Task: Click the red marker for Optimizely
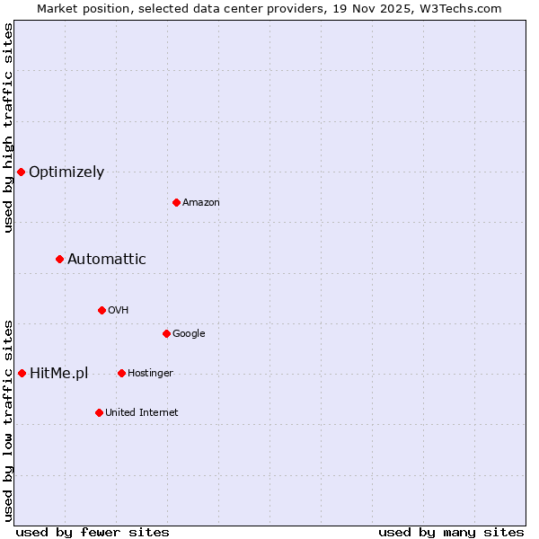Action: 21,172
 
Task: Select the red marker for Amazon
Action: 176,202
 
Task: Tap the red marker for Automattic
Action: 59,259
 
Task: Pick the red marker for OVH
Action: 102,310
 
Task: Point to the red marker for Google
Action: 166,333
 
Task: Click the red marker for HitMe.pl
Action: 22,373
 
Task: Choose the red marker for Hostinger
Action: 121,373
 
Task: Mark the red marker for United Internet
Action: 99,412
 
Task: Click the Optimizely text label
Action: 66,172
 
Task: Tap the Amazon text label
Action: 201,203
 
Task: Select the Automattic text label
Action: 107,260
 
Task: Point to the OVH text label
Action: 119,311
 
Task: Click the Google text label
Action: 189,334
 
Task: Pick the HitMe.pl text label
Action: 58,374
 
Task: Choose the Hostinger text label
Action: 150,374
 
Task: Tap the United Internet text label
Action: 141,413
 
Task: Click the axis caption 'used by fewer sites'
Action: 93,532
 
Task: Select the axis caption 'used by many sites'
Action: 451,532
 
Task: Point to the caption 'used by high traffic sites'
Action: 8,128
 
